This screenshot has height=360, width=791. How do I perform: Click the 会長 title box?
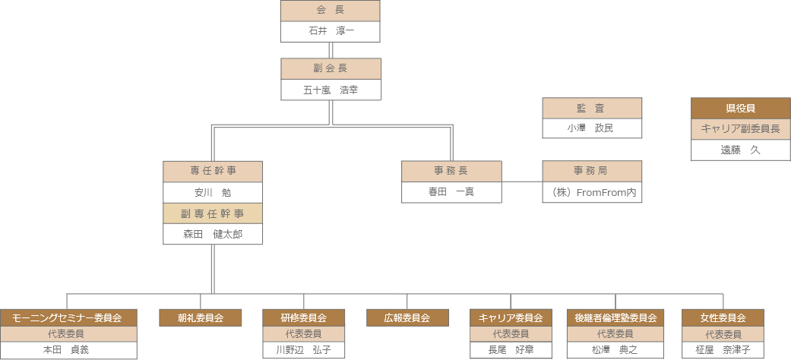pos(331,11)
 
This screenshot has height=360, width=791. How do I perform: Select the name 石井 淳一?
pos(331,31)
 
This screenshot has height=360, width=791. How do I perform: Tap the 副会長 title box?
pos(331,69)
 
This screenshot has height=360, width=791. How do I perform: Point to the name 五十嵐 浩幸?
pos(331,90)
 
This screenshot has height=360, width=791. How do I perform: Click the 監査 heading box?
pos(592,109)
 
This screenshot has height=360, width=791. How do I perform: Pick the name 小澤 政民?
pos(592,128)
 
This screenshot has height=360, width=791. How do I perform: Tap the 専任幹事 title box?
pos(213,171)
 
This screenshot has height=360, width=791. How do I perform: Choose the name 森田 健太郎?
pos(213,234)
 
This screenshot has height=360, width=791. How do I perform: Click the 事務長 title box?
pos(451,171)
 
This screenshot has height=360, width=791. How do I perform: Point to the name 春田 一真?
pos(451,192)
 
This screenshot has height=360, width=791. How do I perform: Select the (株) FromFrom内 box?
pos(592,192)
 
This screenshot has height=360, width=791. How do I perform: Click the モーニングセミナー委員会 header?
pos(68,317)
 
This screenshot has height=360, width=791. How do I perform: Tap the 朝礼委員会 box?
pos(201,317)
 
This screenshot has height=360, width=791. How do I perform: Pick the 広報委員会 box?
pos(407,317)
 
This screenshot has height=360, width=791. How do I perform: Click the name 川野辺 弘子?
pos(304,350)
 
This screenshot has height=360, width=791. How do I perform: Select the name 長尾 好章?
pos(511,350)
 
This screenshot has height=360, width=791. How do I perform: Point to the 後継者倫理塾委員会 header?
pos(615,317)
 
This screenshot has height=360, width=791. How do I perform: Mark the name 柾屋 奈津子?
pos(723,350)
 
